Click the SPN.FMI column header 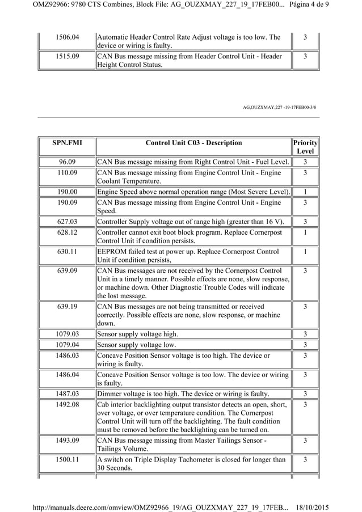coord(67,143)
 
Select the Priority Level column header coord(305,147)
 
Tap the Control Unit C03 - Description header coord(193,143)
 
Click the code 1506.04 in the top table coord(67,37)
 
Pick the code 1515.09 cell coord(67,56)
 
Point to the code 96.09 coord(67,162)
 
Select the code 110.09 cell coord(67,172)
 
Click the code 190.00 coord(67,192)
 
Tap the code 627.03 coord(67,221)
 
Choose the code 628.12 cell coord(67,232)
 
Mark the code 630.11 coord(67,251)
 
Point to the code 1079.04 coord(67,345)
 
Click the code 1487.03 coord(67,393)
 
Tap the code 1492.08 coord(67,404)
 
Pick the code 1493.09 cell coord(67,440)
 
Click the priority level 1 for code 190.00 coord(305,192)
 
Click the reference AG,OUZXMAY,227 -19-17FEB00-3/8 coord(279,107)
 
